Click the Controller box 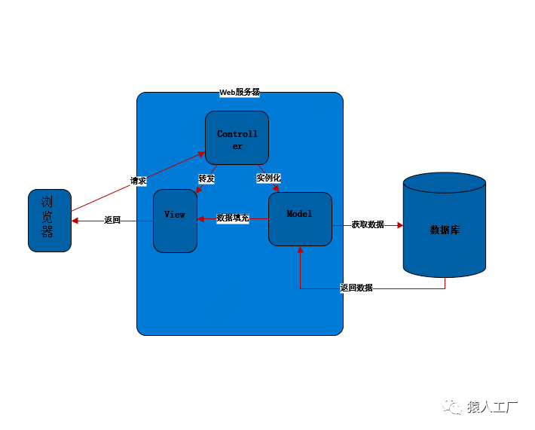[237, 138]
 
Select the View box [175, 221]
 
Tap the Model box [300, 219]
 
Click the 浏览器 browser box [50, 221]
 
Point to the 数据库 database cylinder [445, 225]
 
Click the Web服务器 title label [240, 92]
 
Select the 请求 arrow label [138, 181]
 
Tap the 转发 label [206, 178]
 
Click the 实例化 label [268, 178]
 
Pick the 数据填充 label [233, 218]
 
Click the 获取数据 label [368, 224]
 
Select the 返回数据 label [356, 288]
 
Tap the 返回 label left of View [112, 220]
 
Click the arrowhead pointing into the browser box [75, 221]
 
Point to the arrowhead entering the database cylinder [400, 225]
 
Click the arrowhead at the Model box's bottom [300, 249]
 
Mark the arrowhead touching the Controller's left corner [202, 154]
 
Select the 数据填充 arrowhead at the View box [200, 218]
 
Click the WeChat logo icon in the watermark [452, 406]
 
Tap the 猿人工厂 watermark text [492, 407]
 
